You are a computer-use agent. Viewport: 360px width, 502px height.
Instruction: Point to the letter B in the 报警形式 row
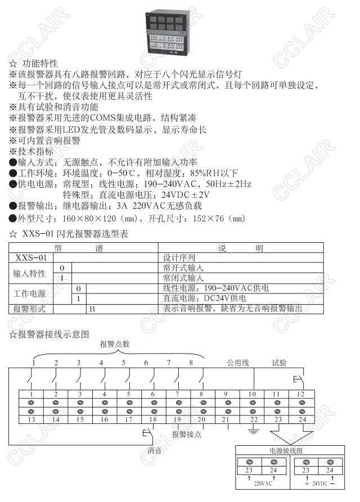pos(91,309)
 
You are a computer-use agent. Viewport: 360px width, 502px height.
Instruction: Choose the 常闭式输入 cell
pos(183,278)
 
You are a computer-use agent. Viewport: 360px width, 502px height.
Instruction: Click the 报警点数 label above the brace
pos(115,344)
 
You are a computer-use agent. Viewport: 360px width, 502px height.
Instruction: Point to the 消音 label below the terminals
pos(155,450)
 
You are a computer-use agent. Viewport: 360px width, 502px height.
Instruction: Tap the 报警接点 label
pos(187,435)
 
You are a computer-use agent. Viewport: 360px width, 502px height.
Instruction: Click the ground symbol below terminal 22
pos(254,432)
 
